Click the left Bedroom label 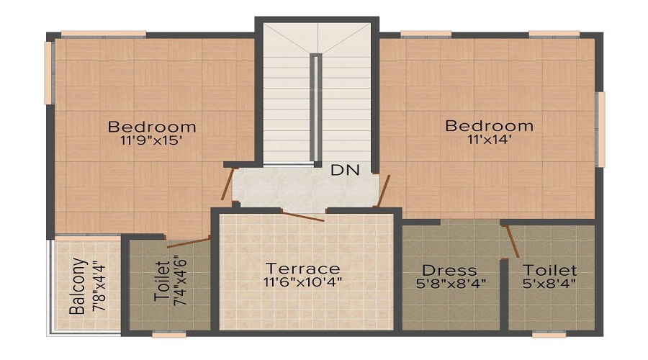(x=152, y=127)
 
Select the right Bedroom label (x=490, y=126)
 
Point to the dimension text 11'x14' (x=490, y=140)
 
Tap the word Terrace (x=302, y=269)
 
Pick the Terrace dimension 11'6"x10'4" (x=302, y=282)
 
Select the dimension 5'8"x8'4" (x=451, y=284)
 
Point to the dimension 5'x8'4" (x=550, y=284)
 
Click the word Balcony (x=78, y=287)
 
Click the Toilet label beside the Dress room (x=550, y=270)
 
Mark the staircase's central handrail (x=315, y=108)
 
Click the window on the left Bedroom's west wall (x=49, y=73)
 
